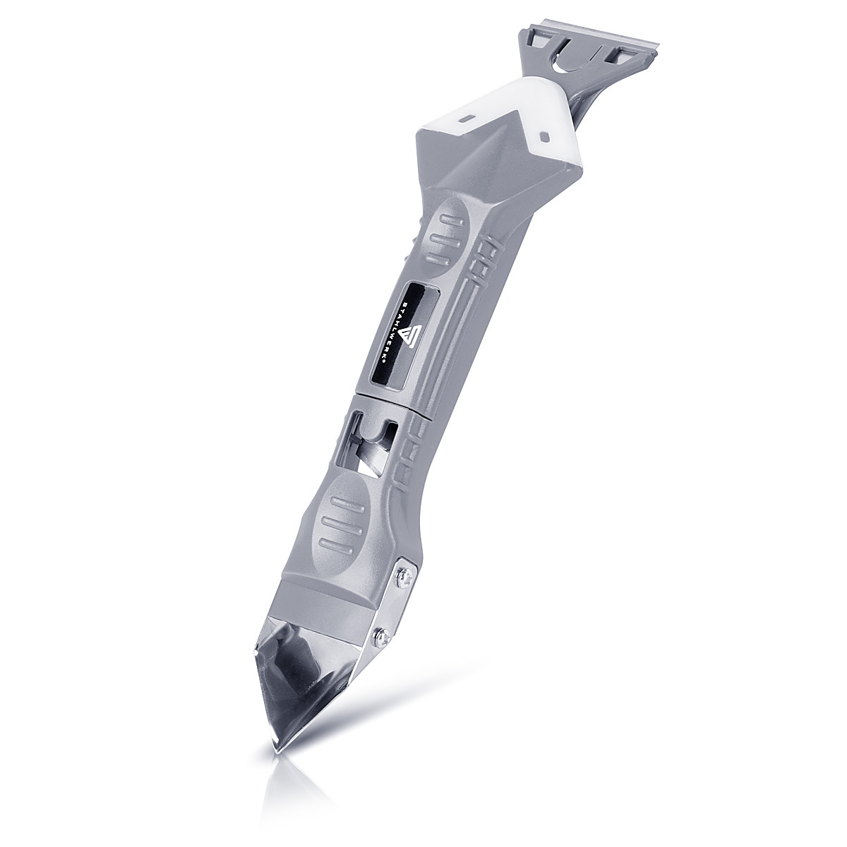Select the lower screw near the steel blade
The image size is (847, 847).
click(x=380, y=634)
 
